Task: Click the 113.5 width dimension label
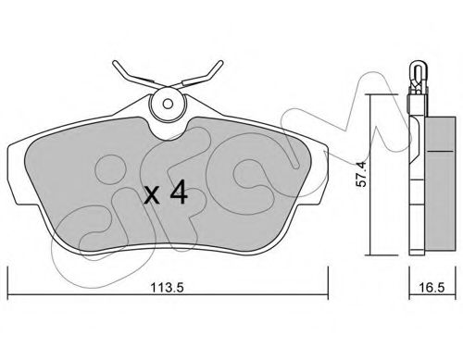(167, 288)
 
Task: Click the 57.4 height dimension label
(361, 174)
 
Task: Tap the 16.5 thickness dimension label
(432, 288)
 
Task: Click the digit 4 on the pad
(179, 192)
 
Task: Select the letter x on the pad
(152, 196)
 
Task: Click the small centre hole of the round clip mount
(168, 104)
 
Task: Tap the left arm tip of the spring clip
(115, 63)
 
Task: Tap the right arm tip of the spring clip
(220, 63)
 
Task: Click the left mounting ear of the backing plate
(17, 174)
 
